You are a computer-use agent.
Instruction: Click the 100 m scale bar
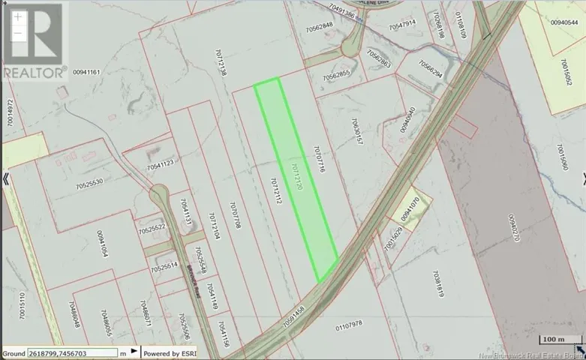pos(554,340)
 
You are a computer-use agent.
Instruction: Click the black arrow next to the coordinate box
pos(134,351)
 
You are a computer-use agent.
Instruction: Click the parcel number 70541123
pos(161,163)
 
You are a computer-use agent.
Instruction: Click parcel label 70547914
pos(402,25)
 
